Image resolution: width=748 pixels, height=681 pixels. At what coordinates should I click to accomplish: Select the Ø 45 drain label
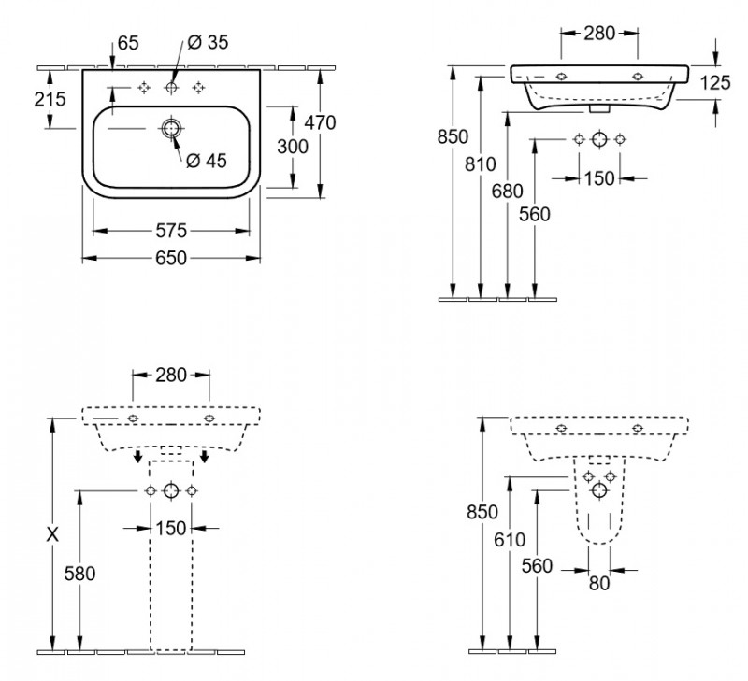[207, 161]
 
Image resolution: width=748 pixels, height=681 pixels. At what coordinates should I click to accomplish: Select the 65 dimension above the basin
[129, 42]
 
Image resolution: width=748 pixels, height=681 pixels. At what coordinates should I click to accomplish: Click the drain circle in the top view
[171, 128]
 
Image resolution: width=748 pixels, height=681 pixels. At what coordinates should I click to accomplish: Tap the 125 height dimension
[714, 83]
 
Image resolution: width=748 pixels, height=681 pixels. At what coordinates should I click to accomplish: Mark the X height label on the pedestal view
[53, 535]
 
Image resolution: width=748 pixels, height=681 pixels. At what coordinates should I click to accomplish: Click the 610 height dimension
[510, 540]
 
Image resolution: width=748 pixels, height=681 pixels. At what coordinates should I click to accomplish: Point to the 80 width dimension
[598, 583]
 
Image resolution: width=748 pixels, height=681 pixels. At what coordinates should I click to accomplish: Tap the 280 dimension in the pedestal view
[171, 375]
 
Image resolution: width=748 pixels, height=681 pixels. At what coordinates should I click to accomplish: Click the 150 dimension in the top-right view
[598, 177]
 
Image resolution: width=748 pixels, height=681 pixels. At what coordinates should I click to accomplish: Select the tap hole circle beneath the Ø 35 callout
[171, 88]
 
